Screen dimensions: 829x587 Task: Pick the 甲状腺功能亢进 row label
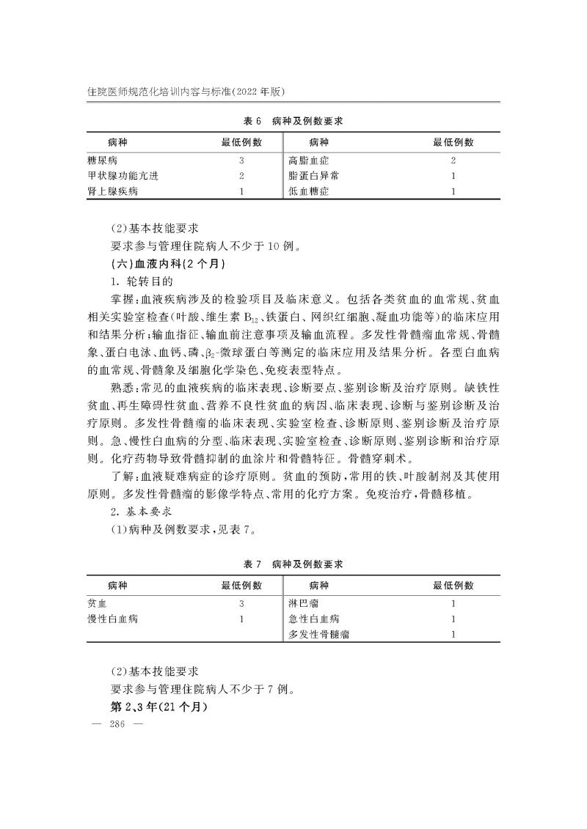pos(123,176)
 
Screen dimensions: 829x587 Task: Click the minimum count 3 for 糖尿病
pos(241,160)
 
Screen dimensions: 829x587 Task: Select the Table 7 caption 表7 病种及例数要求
pos(293,564)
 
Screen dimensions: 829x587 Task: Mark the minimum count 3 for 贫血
pos(241,604)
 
